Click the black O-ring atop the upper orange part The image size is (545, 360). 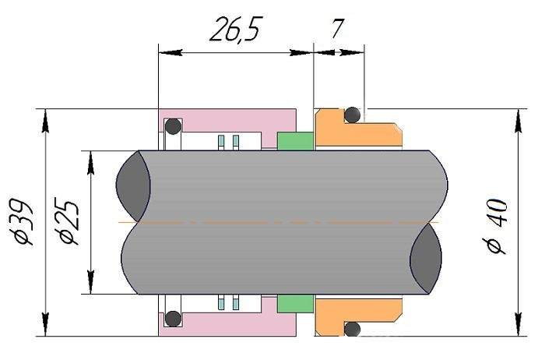[353, 115]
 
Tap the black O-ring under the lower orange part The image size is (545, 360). [353, 328]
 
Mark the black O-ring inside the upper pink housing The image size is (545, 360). [172, 126]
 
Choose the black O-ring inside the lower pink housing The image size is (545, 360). [172, 318]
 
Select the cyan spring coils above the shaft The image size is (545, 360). [227, 141]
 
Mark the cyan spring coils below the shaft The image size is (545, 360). [227, 302]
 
